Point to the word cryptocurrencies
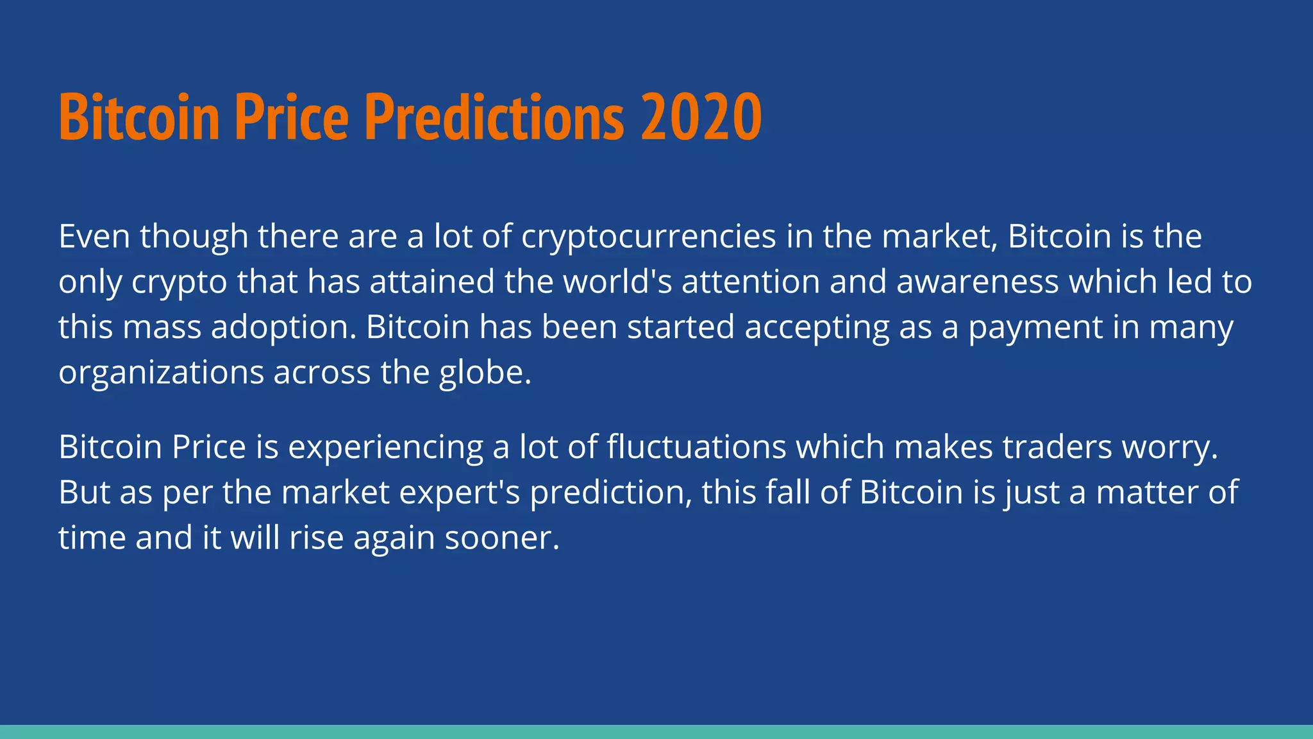click(x=649, y=237)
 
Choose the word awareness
click(x=977, y=282)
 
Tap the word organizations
click(x=161, y=373)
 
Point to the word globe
click(x=485, y=373)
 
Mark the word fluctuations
click(x=696, y=447)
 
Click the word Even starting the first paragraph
click(x=95, y=237)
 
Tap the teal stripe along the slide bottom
click(x=656, y=732)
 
